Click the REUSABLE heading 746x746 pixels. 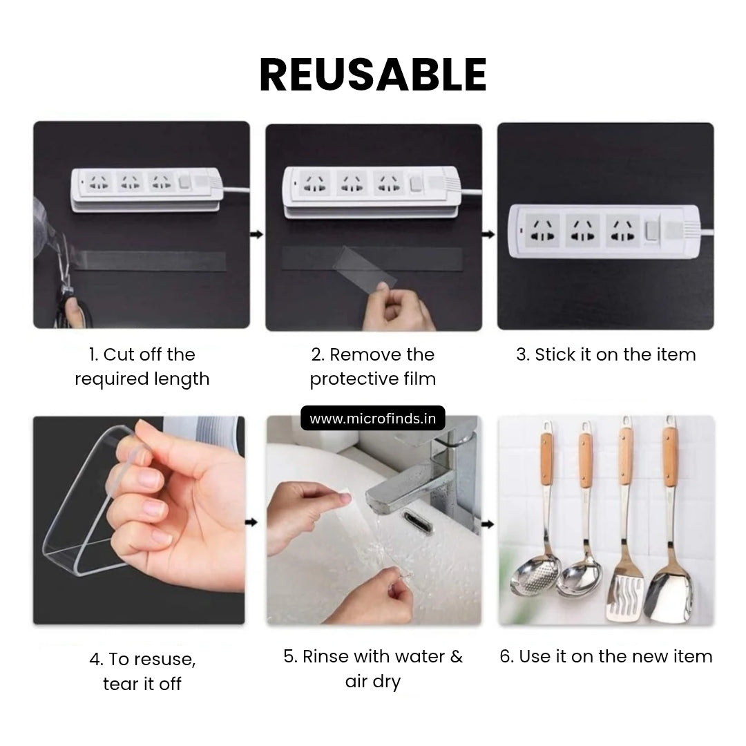coord(373,74)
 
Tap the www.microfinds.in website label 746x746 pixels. coord(372,418)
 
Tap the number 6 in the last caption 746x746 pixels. coord(506,657)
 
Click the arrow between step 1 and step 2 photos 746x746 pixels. coord(256,234)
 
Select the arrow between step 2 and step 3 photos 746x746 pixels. coord(488,234)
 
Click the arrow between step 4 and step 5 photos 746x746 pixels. coord(251,522)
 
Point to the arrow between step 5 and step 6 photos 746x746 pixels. coord(488,524)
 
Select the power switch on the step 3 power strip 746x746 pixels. coord(651,231)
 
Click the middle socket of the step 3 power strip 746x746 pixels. coord(582,230)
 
